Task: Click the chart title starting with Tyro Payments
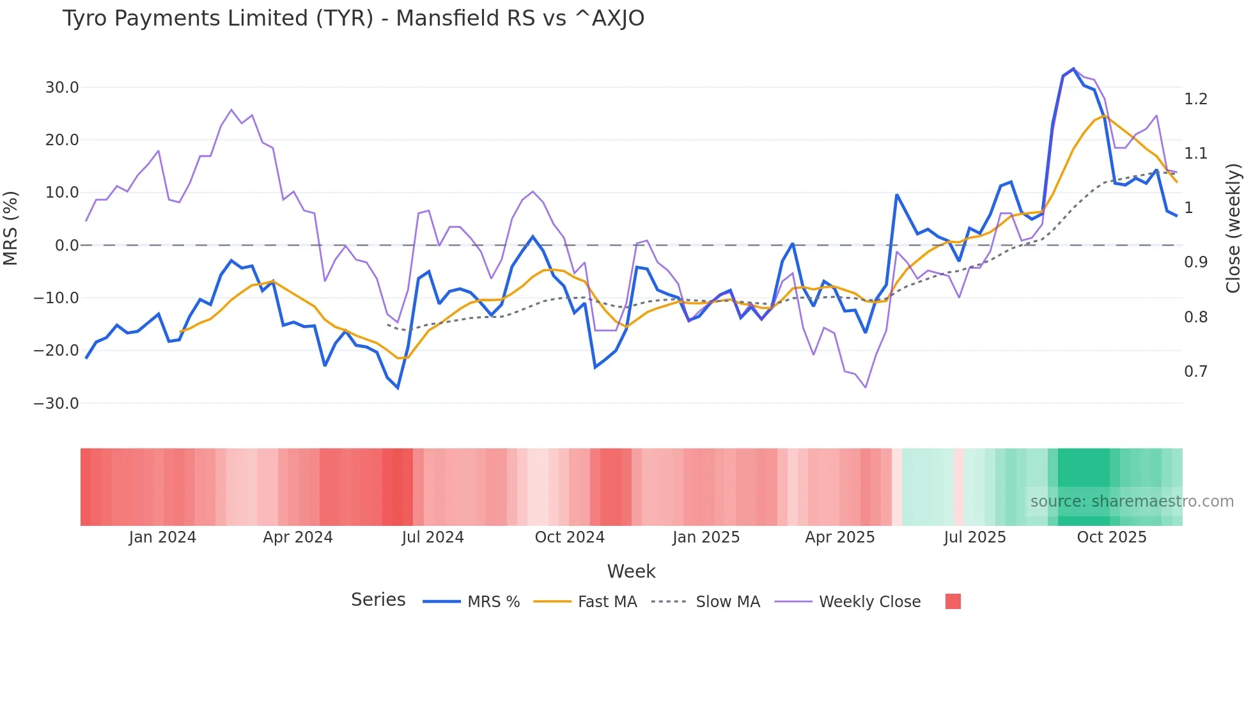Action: click(x=353, y=19)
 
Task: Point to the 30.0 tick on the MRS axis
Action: click(x=62, y=88)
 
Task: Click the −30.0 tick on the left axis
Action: click(x=56, y=404)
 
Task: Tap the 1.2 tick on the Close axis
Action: click(x=1195, y=99)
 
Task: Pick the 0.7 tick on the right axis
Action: click(x=1195, y=372)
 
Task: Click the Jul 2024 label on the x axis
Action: click(x=433, y=537)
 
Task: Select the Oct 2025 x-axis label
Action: click(x=1112, y=537)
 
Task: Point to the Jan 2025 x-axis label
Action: click(x=706, y=537)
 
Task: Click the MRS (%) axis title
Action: click(x=11, y=228)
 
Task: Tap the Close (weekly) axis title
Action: click(x=1233, y=228)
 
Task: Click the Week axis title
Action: click(x=631, y=571)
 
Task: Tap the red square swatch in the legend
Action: click(x=953, y=601)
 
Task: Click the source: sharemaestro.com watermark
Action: click(x=1132, y=502)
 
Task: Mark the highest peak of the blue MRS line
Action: click(x=1073, y=69)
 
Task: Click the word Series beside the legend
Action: click(x=378, y=600)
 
